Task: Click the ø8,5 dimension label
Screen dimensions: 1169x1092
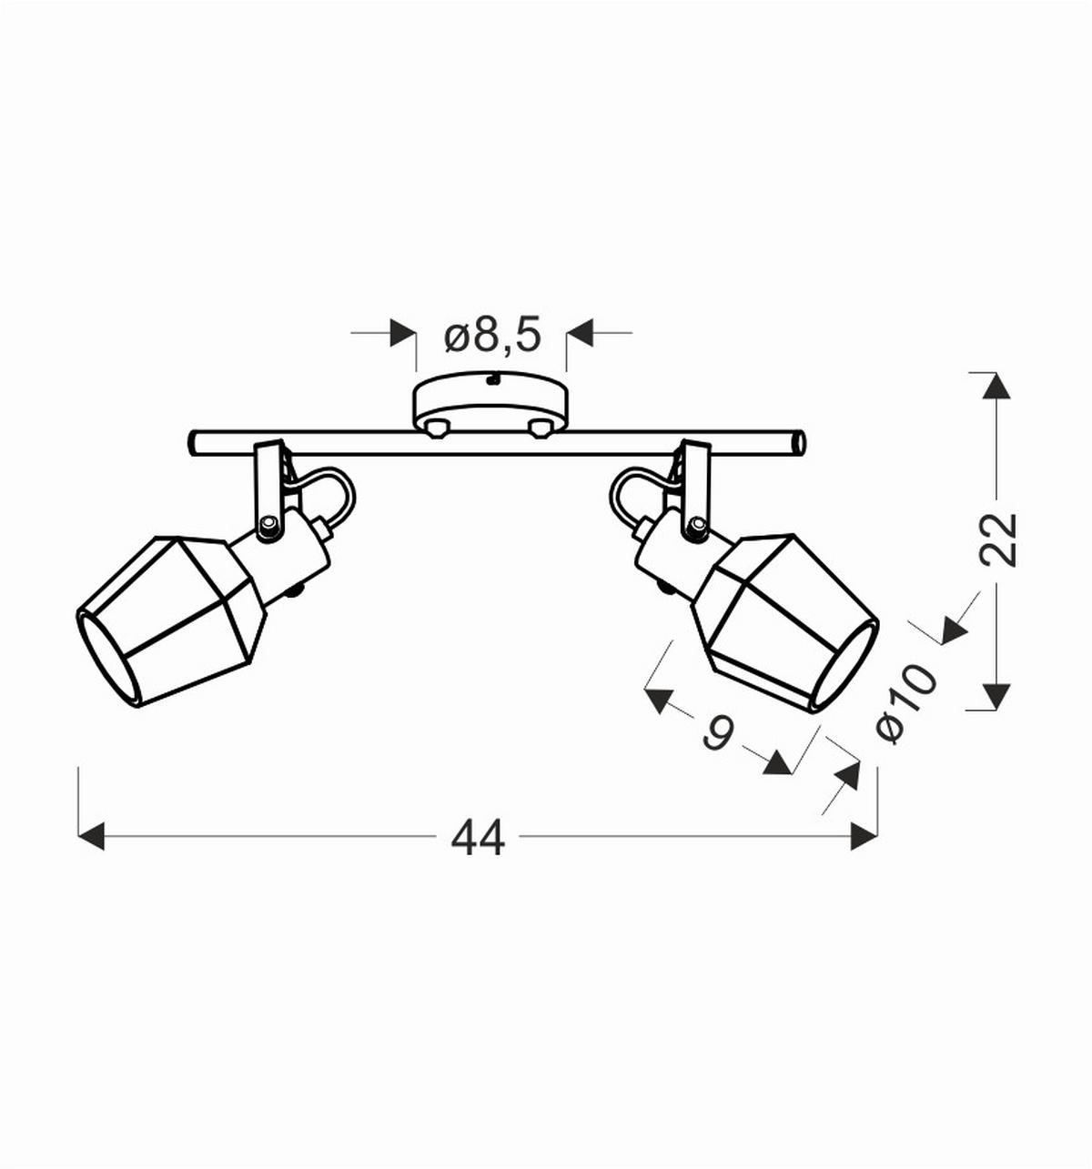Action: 492,336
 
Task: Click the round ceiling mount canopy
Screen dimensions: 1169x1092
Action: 490,403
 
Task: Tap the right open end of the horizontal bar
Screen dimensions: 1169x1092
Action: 798,444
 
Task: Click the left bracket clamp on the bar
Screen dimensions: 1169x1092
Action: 269,491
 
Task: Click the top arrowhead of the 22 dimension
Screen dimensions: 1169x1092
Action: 997,385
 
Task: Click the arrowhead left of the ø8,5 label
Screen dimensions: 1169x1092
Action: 401,333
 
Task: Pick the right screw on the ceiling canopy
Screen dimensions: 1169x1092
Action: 541,428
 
